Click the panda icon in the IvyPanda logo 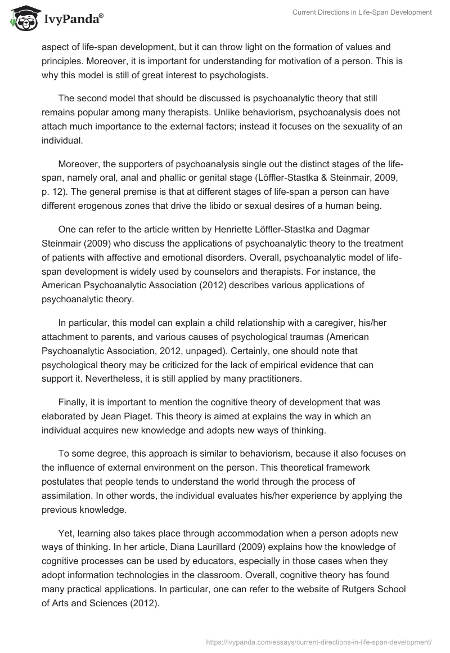[23, 19]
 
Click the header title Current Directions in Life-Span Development [362, 13]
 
